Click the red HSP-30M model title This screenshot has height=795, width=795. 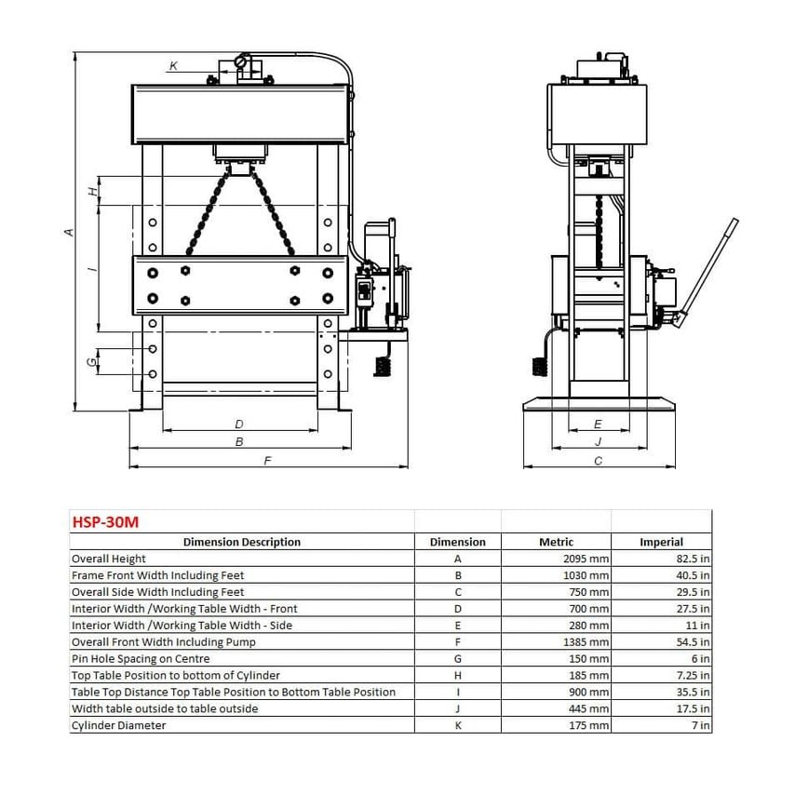pos(105,521)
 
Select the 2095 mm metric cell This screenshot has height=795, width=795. pos(586,559)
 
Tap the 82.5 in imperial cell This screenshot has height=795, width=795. pos(693,559)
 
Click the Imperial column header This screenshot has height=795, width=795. pos(661,542)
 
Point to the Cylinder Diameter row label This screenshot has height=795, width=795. pos(118,725)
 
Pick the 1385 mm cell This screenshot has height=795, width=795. pos(586,642)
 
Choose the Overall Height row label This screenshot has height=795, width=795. pos(109,559)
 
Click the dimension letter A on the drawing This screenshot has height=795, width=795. pos(70,232)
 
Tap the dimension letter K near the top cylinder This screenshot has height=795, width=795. pos(173,66)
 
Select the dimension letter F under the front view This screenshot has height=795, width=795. pos(268,461)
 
